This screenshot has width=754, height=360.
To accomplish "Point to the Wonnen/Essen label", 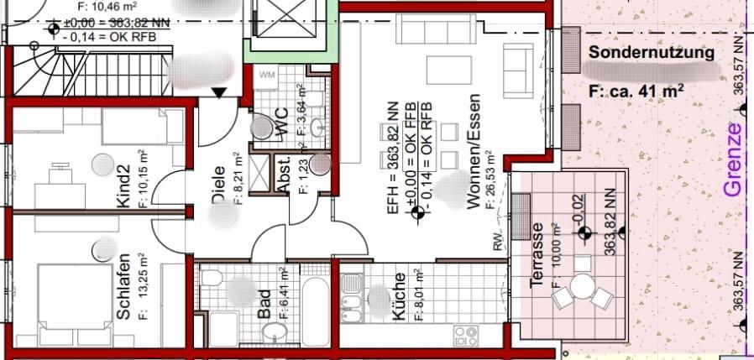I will point(473,151).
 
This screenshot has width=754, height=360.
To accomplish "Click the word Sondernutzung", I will point(652,53).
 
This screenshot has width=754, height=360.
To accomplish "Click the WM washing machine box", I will point(268,76).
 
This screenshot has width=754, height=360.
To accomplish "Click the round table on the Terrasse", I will point(581,286).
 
